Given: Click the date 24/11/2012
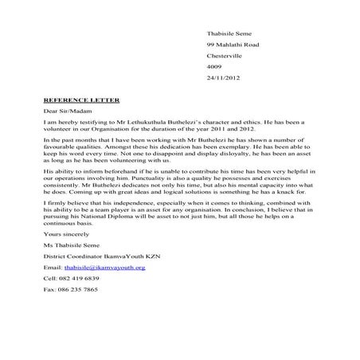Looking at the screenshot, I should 222,77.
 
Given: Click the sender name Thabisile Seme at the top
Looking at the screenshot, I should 229,33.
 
